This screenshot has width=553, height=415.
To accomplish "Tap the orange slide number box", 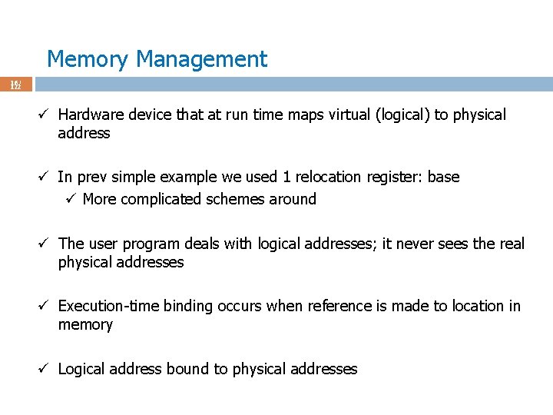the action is (16, 84).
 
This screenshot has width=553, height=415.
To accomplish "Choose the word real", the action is (510, 244).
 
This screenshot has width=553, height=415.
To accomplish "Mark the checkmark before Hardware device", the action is (45, 115).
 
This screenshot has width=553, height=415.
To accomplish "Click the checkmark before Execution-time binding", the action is (45, 306).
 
